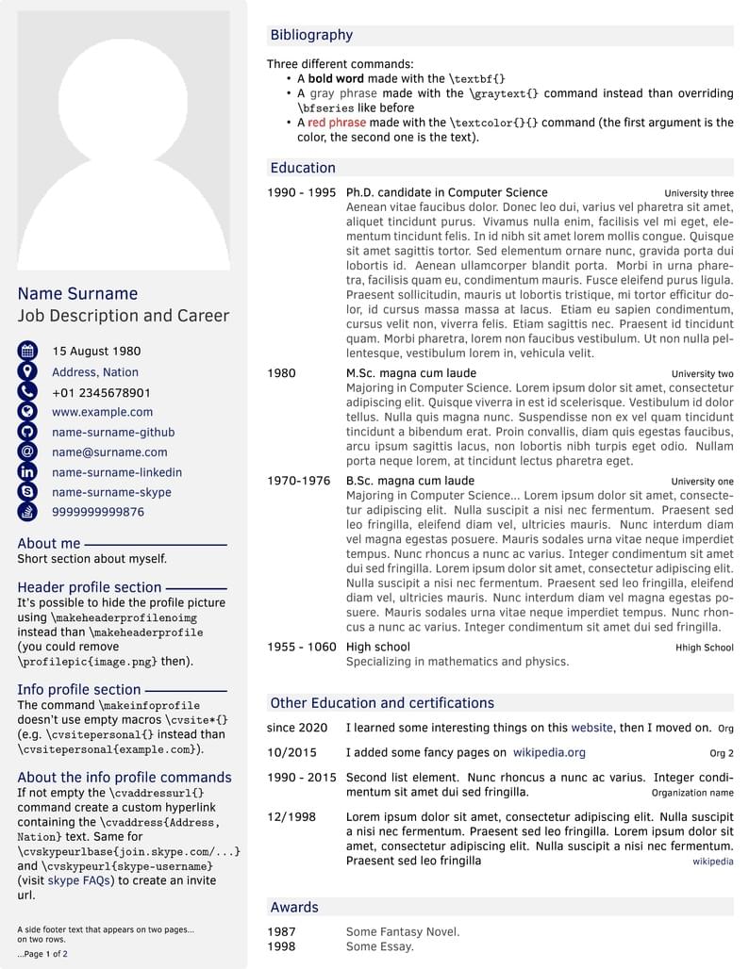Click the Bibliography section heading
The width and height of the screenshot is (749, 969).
point(311,35)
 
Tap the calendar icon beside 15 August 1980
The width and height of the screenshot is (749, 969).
point(27,351)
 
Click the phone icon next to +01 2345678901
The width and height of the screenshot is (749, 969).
point(27,392)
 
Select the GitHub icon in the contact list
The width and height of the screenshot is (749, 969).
point(27,432)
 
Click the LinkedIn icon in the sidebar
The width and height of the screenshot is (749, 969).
point(27,472)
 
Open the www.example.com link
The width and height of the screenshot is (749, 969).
point(102,412)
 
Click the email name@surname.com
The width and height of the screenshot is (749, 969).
point(109,452)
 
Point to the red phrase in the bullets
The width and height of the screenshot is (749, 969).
point(337,123)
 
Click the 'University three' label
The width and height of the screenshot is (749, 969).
point(698,193)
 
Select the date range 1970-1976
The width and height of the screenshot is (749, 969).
point(298,481)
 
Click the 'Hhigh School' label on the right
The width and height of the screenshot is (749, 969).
point(704,648)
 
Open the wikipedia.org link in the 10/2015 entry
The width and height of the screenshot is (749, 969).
point(549,752)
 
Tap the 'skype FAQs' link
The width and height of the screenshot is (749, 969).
point(76,880)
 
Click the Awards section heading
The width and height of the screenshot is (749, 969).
point(294,907)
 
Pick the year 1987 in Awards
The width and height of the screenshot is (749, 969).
point(281,932)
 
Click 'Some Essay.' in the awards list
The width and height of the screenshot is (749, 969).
point(379,946)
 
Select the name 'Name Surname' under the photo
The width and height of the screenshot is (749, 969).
point(77,293)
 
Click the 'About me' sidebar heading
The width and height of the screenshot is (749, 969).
point(49,543)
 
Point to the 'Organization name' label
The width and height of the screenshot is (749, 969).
point(691,793)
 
